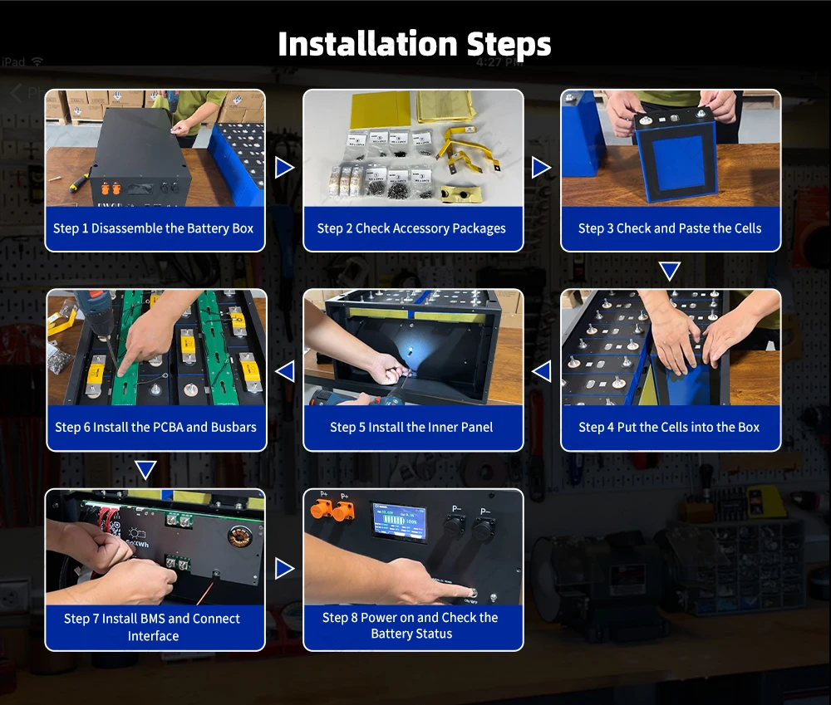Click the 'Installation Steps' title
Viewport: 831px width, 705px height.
(415, 44)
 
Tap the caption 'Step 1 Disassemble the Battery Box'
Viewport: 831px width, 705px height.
(153, 228)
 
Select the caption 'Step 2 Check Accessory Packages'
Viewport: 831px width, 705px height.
(411, 228)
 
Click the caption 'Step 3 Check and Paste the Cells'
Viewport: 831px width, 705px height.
(670, 228)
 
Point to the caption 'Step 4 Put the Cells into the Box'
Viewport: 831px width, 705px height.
(669, 427)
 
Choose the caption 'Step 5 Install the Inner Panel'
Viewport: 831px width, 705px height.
(411, 427)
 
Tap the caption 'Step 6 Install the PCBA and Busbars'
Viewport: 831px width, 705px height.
(156, 427)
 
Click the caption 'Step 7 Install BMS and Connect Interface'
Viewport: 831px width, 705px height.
(152, 627)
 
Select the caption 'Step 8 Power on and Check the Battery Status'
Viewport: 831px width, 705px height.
(411, 625)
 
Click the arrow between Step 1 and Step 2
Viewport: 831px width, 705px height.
(284, 168)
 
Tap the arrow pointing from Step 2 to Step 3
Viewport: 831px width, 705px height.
(541, 168)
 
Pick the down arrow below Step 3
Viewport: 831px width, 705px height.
(670, 271)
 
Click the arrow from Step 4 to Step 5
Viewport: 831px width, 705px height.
(541, 371)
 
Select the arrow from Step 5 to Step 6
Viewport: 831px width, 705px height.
(285, 371)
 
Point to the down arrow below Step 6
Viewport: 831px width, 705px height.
(145, 470)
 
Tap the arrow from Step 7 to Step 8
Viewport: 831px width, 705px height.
(284, 568)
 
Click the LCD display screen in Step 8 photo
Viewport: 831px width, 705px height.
(399, 521)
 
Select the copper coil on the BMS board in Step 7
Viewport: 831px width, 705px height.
(239, 536)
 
